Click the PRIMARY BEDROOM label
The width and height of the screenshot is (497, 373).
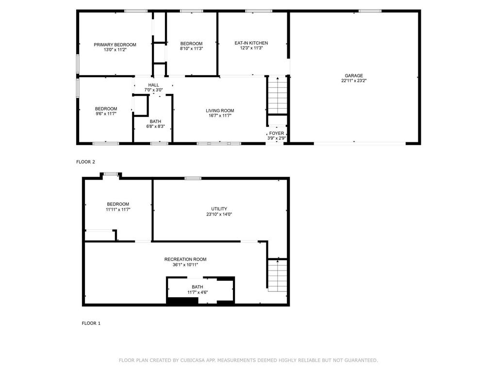(x=115, y=45)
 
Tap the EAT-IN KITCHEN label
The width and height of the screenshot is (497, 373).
(x=251, y=43)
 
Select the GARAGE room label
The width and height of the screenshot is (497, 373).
(x=354, y=76)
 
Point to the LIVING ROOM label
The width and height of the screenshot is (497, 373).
(x=220, y=111)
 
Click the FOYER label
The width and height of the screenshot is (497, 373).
(x=277, y=134)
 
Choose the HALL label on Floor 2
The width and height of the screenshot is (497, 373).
(x=153, y=85)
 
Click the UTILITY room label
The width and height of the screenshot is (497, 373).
(x=219, y=209)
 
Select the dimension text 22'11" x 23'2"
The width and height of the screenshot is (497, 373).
(x=354, y=81)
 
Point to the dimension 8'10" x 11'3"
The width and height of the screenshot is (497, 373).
(x=191, y=49)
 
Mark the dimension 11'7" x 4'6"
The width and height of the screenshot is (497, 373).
(x=198, y=292)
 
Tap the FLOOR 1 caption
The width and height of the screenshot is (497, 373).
(x=91, y=323)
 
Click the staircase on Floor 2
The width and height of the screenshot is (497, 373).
(x=277, y=96)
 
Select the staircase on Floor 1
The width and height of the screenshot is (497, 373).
(x=277, y=276)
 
